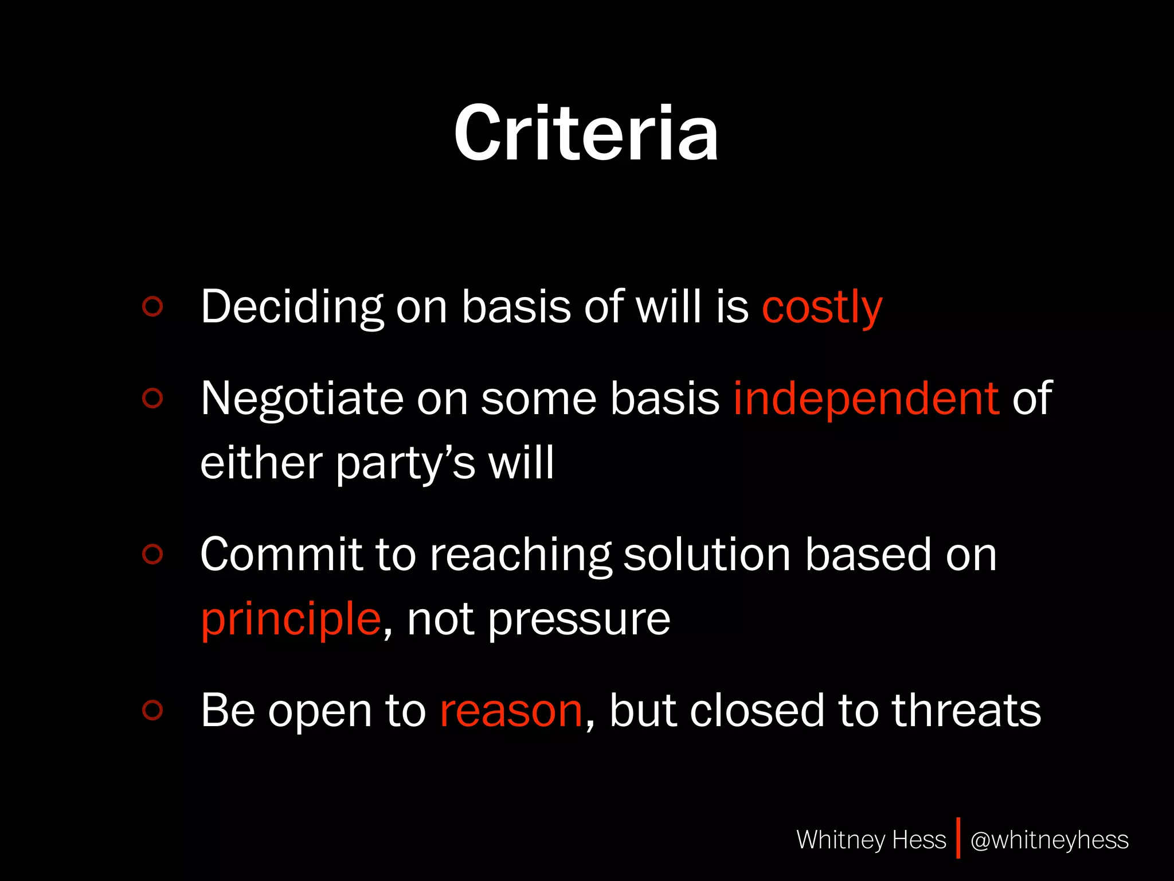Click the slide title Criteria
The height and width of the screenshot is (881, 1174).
click(x=586, y=133)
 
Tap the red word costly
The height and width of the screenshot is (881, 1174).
click(x=822, y=307)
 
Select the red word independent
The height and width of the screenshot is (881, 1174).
click(x=866, y=398)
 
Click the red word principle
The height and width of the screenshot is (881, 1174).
click(x=291, y=619)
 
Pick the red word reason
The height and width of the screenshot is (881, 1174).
click(x=511, y=711)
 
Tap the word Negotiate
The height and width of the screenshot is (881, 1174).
click(x=302, y=398)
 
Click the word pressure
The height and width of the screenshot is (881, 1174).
click(x=579, y=619)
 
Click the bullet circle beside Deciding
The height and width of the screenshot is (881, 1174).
click(x=152, y=306)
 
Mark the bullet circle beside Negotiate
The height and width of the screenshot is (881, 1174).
click(x=152, y=398)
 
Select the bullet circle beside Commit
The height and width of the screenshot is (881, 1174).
click(x=152, y=554)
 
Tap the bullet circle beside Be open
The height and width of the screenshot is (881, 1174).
click(x=152, y=710)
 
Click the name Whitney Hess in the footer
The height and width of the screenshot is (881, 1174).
click(x=871, y=840)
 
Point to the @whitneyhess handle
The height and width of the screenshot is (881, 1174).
click(x=1049, y=840)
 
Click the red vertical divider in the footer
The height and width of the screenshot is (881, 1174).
click(x=958, y=839)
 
